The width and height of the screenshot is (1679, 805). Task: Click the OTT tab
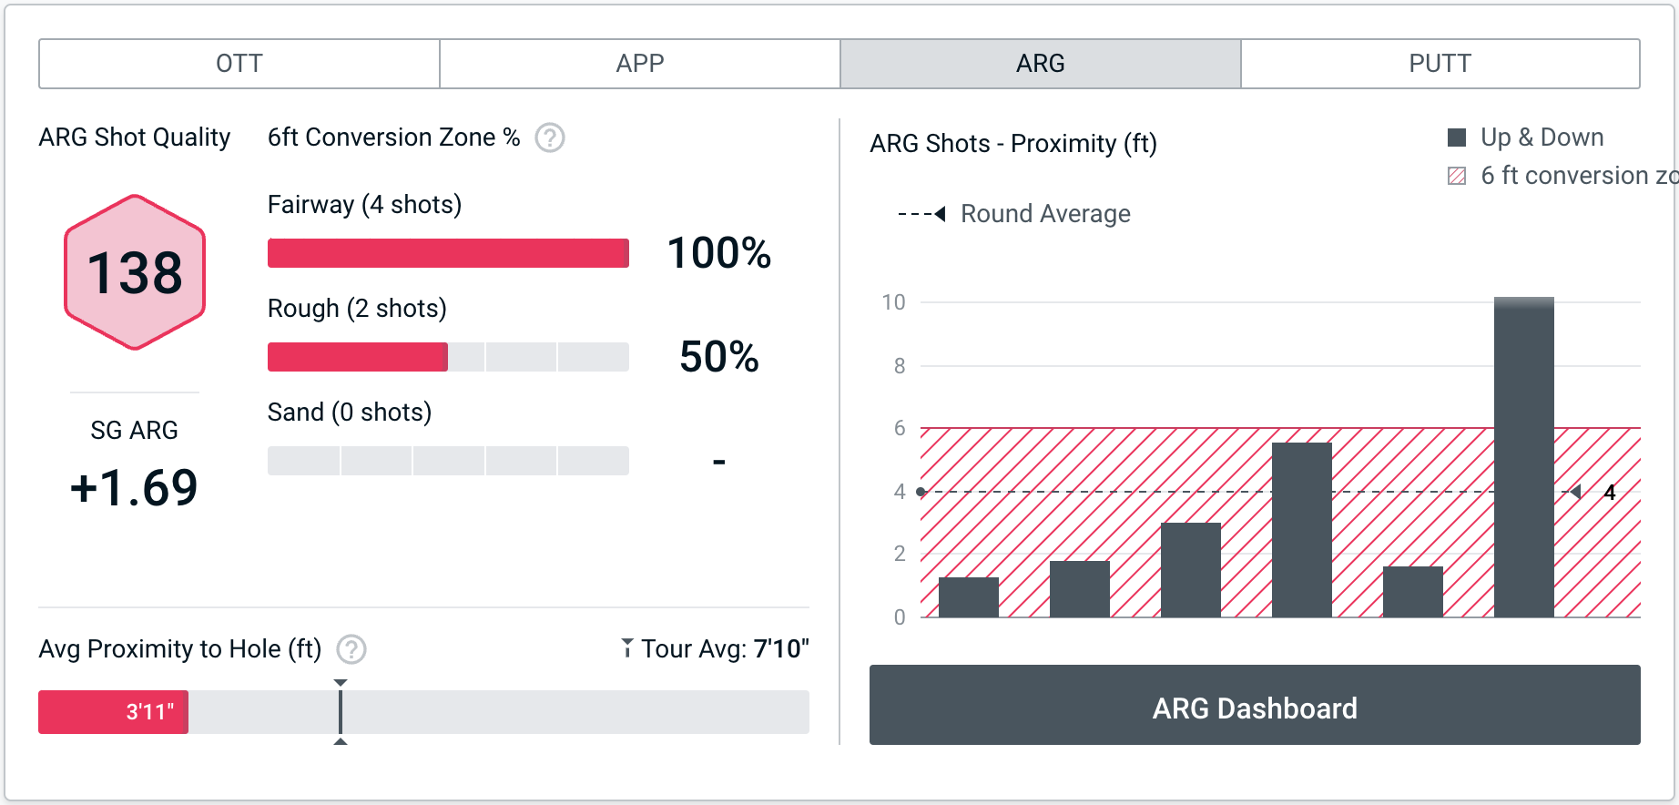(239, 64)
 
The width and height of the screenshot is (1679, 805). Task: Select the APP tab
(640, 64)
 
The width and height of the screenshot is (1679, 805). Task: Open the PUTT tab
(1440, 64)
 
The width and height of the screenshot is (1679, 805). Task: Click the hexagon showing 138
(135, 272)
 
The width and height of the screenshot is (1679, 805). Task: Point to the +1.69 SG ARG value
(134, 488)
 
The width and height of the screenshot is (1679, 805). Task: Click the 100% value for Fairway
(718, 253)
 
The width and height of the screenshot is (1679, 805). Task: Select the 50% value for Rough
(718, 357)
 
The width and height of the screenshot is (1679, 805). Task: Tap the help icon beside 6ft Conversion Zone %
(550, 138)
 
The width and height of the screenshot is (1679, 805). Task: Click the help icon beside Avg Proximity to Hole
(351, 649)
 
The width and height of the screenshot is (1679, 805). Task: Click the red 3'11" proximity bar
(113, 712)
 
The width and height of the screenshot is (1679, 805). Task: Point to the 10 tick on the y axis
(894, 302)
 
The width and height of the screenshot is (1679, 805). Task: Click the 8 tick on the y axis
(900, 366)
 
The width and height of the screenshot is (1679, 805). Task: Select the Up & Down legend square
(1457, 138)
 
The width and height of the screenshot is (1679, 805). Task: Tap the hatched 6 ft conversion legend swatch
(1457, 176)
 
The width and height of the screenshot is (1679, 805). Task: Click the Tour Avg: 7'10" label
(716, 649)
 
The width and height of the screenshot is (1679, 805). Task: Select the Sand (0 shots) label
(350, 413)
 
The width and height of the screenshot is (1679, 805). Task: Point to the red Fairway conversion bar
(448, 253)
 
